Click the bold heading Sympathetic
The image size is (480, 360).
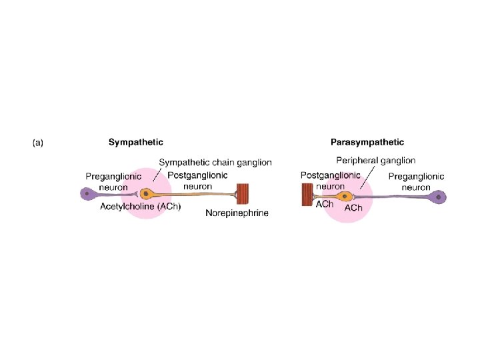click(136, 142)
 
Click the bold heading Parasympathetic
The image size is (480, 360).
click(367, 142)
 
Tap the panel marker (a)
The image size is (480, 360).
click(38, 143)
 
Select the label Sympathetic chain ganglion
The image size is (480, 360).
click(215, 163)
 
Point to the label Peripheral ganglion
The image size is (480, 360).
click(375, 161)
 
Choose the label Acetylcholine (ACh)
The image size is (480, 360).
click(140, 207)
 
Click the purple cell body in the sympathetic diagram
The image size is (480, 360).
click(87, 194)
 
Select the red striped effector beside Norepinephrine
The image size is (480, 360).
click(243, 195)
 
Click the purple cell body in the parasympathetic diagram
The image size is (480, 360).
click(439, 197)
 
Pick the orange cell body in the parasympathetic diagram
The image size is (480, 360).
click(345, 196)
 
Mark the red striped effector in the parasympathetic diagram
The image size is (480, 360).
click(307, 196)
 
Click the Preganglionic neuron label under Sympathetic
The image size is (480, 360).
click(113, 182)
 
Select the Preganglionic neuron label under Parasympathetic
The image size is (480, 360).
click(416, 182)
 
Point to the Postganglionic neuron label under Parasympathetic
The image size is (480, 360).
click(331, 181)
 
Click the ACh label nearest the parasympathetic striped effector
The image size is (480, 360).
click(325, 204)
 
